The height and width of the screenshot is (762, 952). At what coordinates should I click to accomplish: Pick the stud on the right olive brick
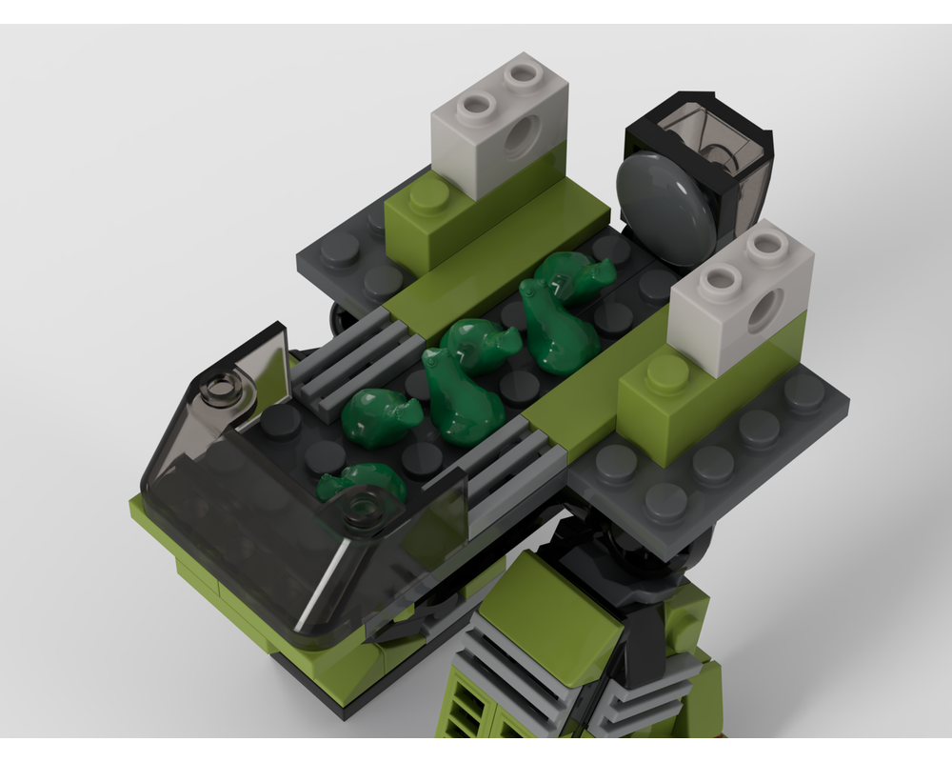tap(667, 374)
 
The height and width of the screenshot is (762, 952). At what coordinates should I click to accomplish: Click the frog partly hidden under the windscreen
tap(362, 483)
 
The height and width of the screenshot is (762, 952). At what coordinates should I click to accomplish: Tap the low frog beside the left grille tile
tap(379, 416)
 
